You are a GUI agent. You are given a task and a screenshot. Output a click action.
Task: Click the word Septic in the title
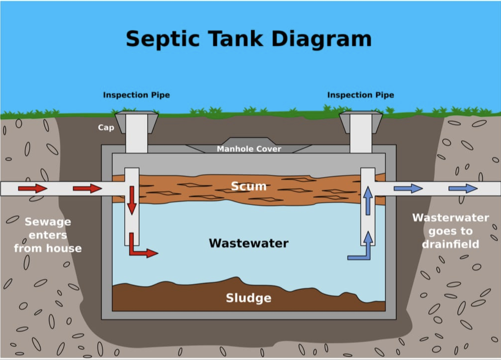point(163,39)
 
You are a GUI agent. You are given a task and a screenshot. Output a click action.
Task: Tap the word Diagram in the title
point(321,39)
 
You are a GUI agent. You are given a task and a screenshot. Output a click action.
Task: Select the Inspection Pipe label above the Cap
point(136,95)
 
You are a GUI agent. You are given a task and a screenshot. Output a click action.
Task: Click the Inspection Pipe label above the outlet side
point(361,95)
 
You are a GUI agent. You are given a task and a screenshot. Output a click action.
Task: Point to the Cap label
point(106,127)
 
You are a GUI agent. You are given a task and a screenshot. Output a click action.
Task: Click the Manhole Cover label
point(249,149)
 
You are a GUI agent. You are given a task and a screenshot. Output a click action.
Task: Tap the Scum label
point(249,186)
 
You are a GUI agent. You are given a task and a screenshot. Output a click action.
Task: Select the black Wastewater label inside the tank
point(249,243)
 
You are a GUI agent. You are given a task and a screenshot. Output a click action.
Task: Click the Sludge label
point(249,298)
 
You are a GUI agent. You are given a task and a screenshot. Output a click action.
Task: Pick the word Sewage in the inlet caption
point(48,222)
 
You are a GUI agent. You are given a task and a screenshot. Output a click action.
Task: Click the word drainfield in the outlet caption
point(450,244)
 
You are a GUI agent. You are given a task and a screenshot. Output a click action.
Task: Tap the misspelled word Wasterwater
point(450,218)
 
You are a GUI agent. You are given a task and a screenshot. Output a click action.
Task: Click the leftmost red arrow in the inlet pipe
point(33,189)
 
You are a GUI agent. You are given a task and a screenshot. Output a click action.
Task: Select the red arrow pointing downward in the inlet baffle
point(132,200)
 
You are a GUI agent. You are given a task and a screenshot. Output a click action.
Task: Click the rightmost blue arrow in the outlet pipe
point(463,189)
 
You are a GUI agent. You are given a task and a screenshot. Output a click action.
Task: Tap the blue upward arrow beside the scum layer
point(368,201)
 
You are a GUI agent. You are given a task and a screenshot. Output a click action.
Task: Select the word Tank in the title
point(235,39)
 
